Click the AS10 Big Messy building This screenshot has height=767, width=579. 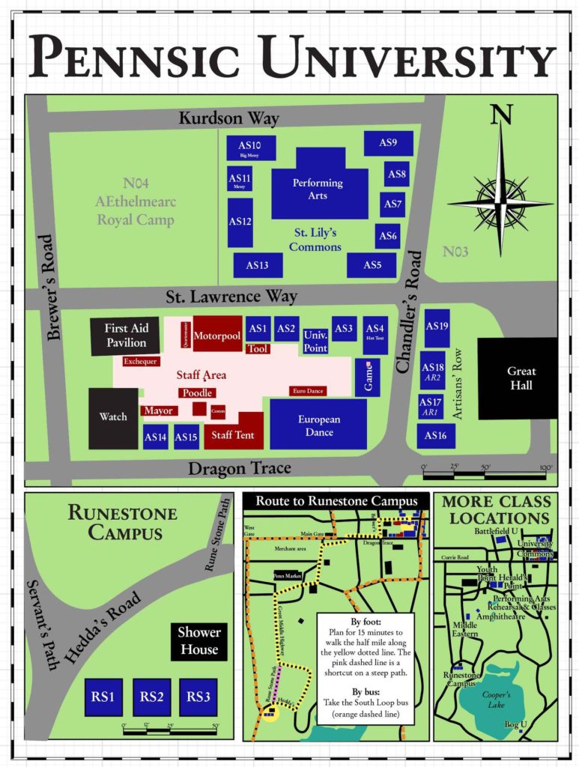coord(251,148)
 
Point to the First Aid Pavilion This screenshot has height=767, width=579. coord(125,336)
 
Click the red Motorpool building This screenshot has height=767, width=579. coord(217,334)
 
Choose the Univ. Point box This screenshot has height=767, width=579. coord(315,341)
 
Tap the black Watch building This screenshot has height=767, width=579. coord(113,417)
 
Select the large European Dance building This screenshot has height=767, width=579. coord(318,424)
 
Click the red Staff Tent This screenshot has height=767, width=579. coord(233,433)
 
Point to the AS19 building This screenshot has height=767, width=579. coord(437,327)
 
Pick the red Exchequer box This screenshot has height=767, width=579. coord(141,361)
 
